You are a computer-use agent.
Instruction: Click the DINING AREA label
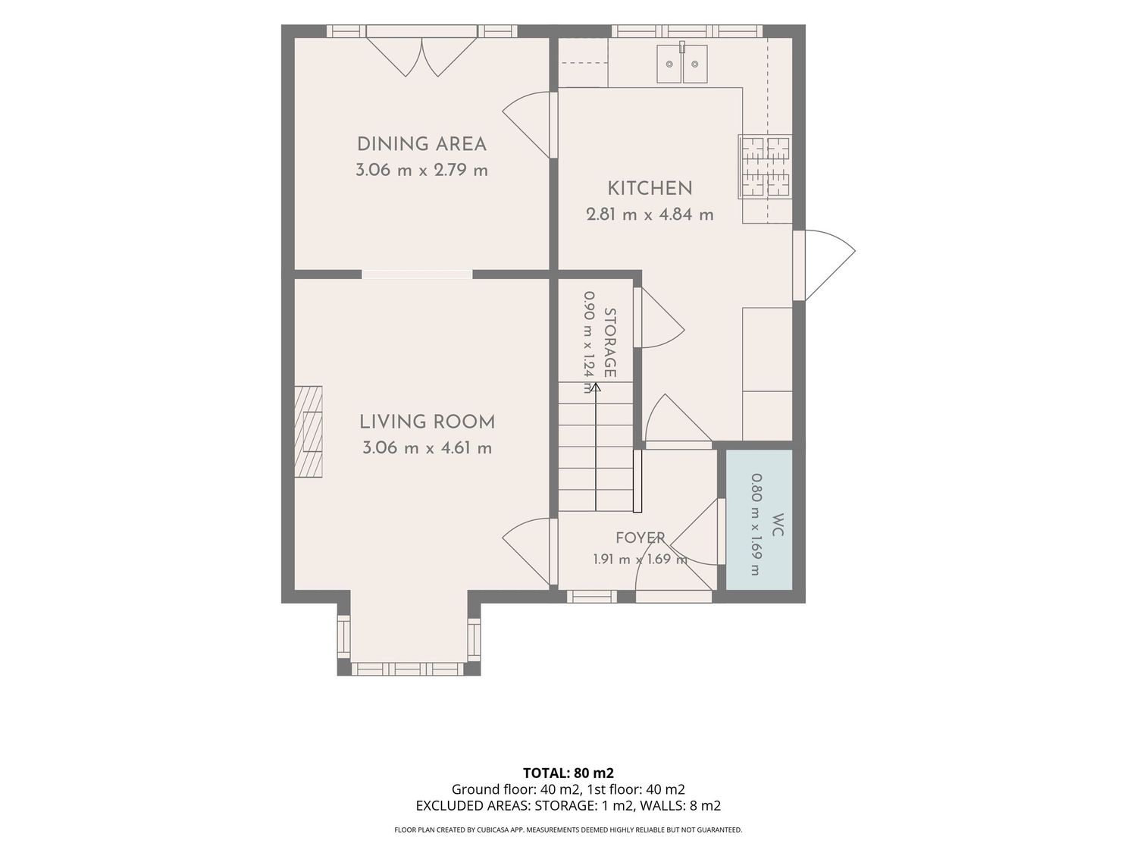pos(421,144)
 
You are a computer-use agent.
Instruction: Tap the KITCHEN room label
pos(650,189)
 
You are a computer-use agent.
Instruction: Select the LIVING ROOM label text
pos(427,422)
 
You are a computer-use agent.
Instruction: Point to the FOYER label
pos(641,538)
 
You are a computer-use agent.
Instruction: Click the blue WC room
pos(758,519)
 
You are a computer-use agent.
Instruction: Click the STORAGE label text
pos(610,343)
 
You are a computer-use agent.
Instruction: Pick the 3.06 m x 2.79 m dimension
pos(421,171)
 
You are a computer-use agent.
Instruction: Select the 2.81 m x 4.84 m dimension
pos(650,215)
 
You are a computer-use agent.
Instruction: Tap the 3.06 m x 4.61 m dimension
pos(427,448)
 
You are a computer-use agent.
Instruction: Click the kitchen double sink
pos(681,64)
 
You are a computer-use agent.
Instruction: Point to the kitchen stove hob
pos(765,166)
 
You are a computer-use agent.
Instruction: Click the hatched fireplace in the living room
pos(309,431)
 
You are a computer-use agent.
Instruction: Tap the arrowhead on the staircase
pos(596,387)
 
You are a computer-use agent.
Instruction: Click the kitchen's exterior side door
pos(824,265)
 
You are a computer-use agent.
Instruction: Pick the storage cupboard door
pos(659,318)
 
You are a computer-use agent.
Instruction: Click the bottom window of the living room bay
pos(408,669)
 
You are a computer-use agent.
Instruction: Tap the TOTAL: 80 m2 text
pos(568,773)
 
